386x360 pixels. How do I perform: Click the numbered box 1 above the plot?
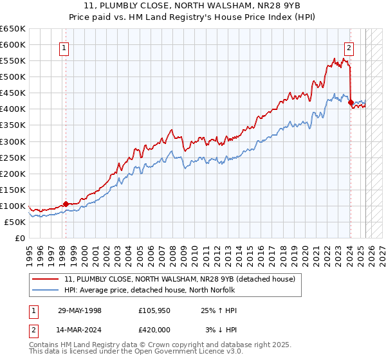click(x=65, y=46)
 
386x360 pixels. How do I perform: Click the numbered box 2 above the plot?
click(x=349, y=46)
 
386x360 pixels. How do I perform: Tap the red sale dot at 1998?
click(x=66, y=204)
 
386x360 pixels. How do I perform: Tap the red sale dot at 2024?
click(x=351, y=102)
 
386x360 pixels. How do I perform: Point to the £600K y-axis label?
click(x=13, y=44)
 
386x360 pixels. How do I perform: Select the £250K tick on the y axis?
click(x=13, y=157)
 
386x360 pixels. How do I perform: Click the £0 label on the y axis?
click(x=19, y=238)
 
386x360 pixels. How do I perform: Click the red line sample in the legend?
click(x=46, y=279)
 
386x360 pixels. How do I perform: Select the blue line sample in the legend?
click(x=46, y=290)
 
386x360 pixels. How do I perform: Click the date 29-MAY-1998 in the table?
click(x=80, y=310)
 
